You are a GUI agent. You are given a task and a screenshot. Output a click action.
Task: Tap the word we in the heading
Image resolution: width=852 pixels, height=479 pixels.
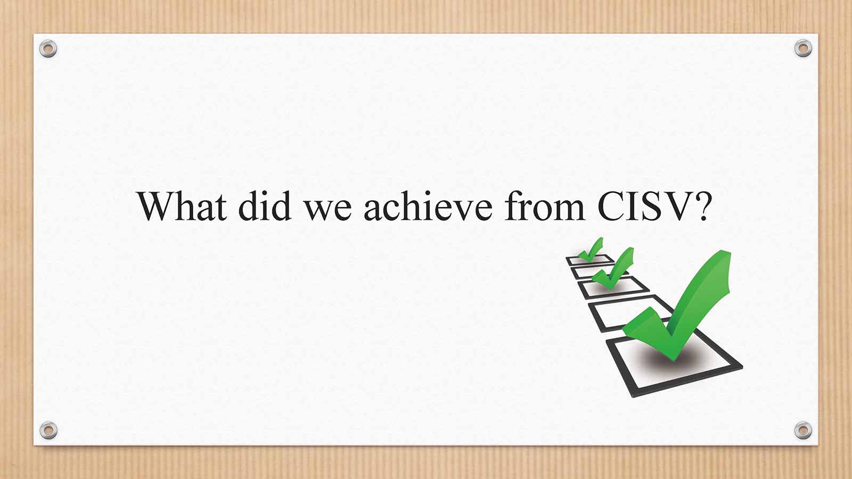(x=328, y=210)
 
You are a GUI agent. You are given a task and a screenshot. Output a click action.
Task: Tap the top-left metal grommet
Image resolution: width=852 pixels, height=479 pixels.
(x=48, y=48)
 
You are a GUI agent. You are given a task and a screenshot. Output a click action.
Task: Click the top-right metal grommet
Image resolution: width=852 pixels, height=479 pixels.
(x=803, y=48)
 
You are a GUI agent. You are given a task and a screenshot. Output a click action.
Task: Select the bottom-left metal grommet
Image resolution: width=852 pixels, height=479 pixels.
(x=48, y=430)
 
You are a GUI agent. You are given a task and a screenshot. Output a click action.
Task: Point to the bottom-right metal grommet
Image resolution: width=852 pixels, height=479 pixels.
(x=803, y=430)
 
